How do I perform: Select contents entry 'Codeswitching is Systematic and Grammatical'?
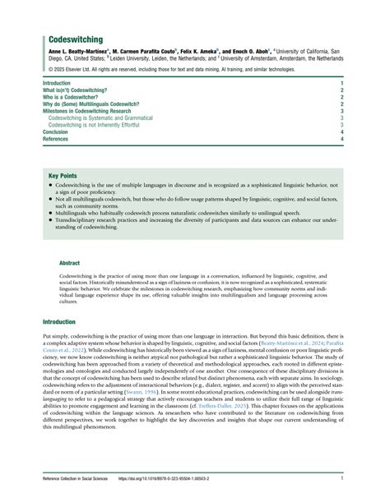(x=100, y=118)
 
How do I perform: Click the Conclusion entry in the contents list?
(x=55, y=132)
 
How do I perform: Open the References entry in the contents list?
(x=56, y=139)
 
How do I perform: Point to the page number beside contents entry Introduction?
(x=341, y=83)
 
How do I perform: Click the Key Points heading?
(x=63, y=176)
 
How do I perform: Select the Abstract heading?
(x=71, y=264)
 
